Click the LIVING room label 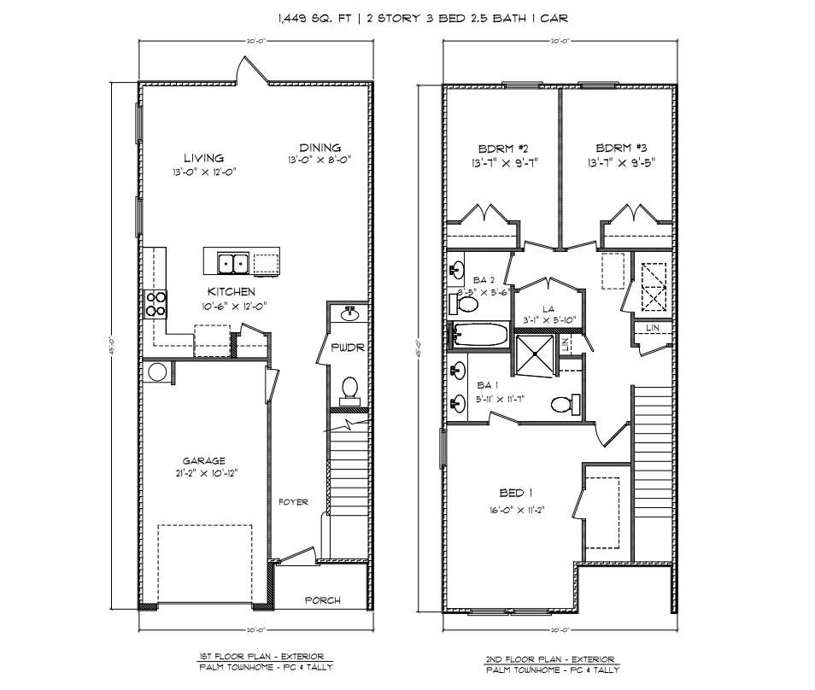tap(203, 158)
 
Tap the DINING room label tap(320, 148)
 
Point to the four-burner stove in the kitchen tap(155, 302)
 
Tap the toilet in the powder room tap(349, 389)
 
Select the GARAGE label tap(203, 461)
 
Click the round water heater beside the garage tap(157, 372)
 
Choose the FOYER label tap(293, 502)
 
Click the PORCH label tap(323, 600)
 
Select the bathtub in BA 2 tap(480, 335)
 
